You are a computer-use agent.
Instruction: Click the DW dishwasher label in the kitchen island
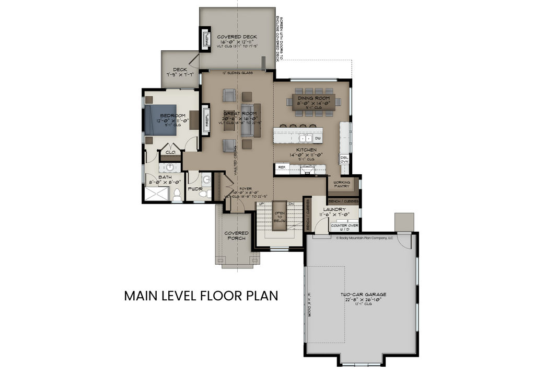click(318, 138)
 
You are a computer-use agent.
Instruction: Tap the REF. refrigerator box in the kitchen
click(282, 167)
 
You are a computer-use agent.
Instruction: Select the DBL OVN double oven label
click(344, 160)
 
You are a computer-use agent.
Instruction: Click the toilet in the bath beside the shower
click(177, 195)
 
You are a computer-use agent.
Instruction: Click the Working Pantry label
click(342, 184)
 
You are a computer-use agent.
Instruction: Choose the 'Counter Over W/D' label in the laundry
click(344, 227)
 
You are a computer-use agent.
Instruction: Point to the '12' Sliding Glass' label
click(237, 73)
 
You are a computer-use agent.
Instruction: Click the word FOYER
click(246, 188)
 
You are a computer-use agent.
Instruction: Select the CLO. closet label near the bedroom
click(170, 152)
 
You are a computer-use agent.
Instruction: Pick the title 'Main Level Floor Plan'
click(201, 296)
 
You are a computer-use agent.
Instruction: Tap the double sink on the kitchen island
click(306, 138)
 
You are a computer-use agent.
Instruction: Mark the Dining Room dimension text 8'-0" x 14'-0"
click(314, 104)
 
